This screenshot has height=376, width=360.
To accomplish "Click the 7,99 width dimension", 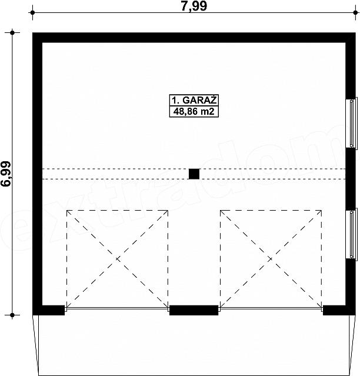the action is coord(194,6).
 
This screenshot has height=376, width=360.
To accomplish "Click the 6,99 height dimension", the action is coord(6,174).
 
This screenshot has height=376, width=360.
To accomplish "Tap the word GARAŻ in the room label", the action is coord(199,100).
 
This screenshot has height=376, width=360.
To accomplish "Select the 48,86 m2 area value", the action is coord(194,111).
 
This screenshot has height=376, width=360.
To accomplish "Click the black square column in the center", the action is coord(194,174).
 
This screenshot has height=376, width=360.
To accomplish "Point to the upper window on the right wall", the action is coord(351,123).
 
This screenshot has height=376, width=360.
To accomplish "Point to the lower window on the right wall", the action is coord(351,234).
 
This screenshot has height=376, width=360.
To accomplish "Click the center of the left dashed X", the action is coord(117,259).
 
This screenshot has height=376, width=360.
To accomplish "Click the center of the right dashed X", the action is coord(271,259).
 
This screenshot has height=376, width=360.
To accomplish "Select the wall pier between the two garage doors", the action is coord(194,310).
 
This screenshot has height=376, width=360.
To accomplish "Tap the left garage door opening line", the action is coord(117,309).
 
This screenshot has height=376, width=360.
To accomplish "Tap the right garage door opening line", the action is coord(271,309).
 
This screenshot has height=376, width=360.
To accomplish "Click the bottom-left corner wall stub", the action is coord(49,310).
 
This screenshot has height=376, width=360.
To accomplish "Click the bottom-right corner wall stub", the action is coord(339,310).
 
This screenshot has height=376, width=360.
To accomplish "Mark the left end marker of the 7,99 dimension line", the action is coord(32,12).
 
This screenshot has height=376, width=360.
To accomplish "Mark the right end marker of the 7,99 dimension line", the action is coord(355,12).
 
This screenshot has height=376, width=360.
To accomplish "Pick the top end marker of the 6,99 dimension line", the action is coord(12,32).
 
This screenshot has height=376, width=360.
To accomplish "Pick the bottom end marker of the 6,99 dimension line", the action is coord(12,315).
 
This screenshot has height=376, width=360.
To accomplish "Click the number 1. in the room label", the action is coord(175,100).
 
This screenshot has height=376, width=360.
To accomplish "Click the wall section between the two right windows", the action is coord(351,178).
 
